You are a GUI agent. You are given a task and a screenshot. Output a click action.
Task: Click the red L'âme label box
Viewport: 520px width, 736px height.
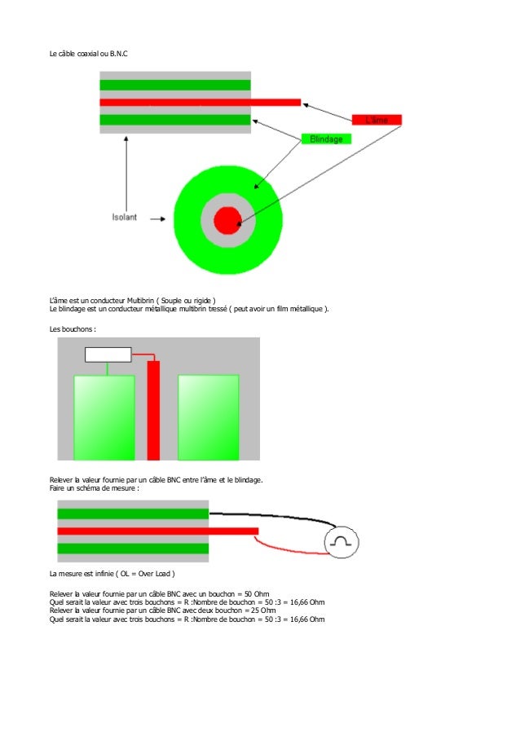(x=377, y=119)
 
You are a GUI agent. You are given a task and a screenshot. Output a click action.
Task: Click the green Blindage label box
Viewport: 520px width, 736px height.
(x=326, y=139)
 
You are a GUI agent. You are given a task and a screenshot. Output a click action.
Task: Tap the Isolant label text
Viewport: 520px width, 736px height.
(x=125, y=218)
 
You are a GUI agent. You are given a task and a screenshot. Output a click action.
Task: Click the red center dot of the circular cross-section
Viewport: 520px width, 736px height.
(x=227, y=220)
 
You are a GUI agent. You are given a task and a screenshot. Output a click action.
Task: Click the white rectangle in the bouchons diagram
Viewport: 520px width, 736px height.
(x=108, y=354)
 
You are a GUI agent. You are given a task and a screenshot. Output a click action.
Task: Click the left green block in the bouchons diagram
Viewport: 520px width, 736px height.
(x=104, y=416)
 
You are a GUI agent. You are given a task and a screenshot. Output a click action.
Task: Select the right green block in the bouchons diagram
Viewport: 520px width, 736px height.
(x=209, y=416)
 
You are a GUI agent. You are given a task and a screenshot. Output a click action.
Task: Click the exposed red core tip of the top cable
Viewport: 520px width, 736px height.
(x=277, y=102)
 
